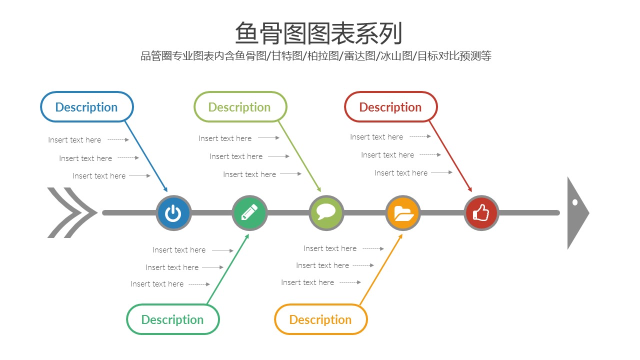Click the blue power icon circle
(x=173, y=213)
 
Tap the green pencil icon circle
(x=249, y=213)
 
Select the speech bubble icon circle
(x=326, y=213)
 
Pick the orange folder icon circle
(x=403, y=213)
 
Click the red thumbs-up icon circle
(x=481, y=213)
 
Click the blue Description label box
(x=86, y=107)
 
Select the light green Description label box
(x=240, y=107)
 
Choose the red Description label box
(x=390, y=107)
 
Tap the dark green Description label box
(x=172, y=319)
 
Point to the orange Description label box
(x=320, y=319)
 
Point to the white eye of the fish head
(x=575, y=202)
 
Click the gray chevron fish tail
(x=71, y=213)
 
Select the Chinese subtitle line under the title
(x=316, y=56)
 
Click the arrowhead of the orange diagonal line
(x=400, y=236)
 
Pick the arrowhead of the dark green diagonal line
(x=247, y=236)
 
